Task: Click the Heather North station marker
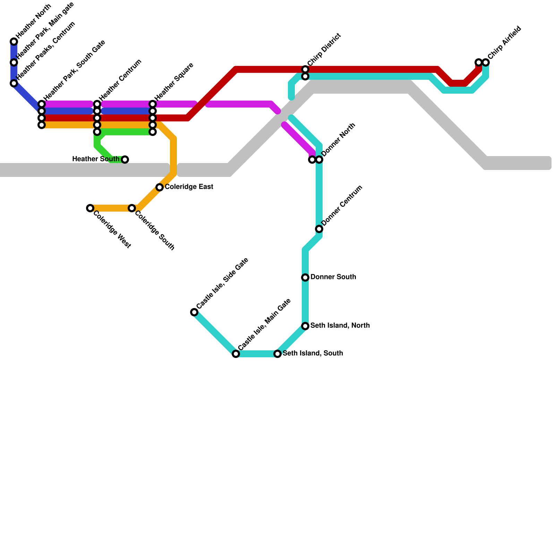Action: point(14,42)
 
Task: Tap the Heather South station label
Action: point(96,159)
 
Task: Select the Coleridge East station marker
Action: point(160,187)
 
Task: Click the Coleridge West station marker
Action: point(90,208)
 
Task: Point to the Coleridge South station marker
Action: point(132,208)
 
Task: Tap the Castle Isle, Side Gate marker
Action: point(194,312)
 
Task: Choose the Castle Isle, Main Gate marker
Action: point(236,354)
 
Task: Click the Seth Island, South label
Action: point(313,353)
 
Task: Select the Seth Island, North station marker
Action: point(305,326)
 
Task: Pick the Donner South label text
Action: point(333,277)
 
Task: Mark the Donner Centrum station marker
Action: point(319,229)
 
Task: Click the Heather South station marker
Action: point(125,160)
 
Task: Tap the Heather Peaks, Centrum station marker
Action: point(14,83)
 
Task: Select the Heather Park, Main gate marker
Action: point(14,62)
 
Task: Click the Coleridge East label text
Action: point(189,187)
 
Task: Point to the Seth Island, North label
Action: point(340,326)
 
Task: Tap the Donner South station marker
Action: point(305,277)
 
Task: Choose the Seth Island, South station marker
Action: point(277,354)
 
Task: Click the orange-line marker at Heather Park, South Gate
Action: point(42,125)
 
